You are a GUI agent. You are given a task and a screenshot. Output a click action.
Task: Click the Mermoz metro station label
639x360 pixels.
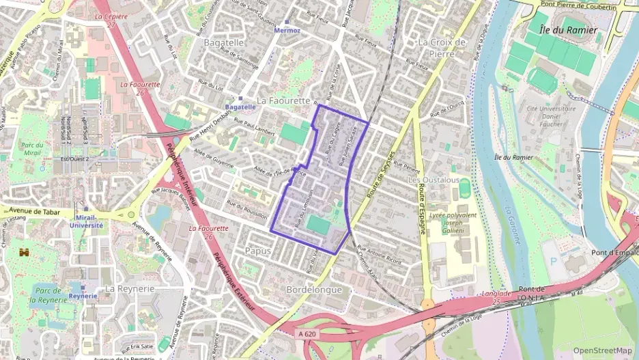(x=287, y=31)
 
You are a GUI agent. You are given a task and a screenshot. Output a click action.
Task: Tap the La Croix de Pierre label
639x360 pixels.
(x=442, y=47)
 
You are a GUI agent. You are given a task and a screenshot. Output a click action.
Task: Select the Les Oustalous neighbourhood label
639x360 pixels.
(x=433, y=180)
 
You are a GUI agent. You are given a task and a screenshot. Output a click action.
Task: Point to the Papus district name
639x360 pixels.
(x=257, y=251)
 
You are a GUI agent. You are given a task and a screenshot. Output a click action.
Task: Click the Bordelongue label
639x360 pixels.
(x=314, y=289)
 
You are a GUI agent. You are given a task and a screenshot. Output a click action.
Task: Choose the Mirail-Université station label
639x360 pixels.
(x=86, y=220)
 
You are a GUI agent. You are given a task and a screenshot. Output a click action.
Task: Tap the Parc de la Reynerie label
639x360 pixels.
(x=50, y=295)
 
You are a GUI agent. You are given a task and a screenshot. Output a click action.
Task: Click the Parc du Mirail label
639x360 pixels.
(x=32, y=149)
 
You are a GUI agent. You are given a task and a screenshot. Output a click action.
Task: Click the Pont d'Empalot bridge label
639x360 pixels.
(x=614, y=252)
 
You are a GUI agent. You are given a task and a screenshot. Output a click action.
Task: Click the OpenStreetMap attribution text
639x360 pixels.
(x=602, y=350)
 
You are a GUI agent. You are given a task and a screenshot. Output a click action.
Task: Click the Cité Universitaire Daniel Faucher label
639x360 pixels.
(x=551, y=116)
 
